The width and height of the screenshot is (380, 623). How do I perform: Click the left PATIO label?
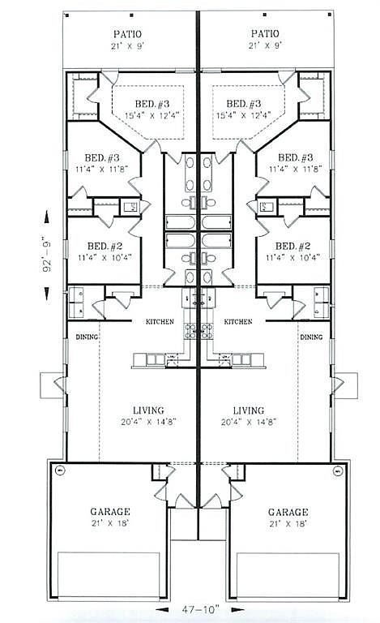[x=128, y=33]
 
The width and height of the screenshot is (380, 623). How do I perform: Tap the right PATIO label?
[x=265, y=33]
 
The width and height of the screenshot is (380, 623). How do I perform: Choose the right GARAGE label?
[x=288, y=512]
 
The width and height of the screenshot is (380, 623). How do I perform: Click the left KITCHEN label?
[x=160, y=322]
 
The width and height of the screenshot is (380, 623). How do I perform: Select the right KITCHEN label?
[x=237, y=322]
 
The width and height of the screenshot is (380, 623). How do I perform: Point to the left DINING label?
[x=87, y=337]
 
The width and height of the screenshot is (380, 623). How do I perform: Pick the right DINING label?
[x=310, y=337]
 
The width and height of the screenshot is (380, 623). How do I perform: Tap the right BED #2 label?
[x=292, y=246]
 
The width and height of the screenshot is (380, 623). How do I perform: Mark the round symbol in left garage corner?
[x=59, y=471]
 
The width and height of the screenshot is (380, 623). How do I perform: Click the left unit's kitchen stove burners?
[x=190, y=330]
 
